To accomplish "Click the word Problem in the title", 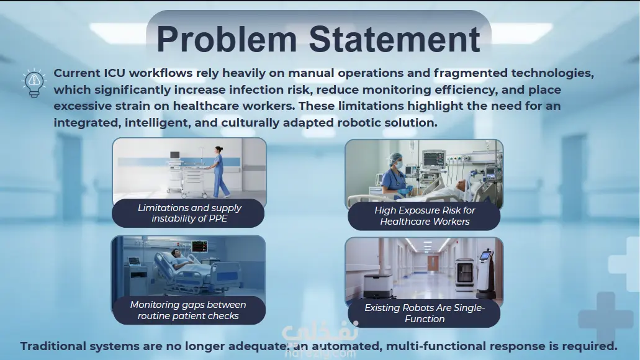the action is (x=227, y=40).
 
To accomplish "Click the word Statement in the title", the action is (x=394, y=39).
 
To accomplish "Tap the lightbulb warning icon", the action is (x=34, y=83).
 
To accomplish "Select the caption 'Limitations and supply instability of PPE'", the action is (x=189, y=213).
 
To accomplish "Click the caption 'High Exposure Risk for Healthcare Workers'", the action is (x=425, y=216).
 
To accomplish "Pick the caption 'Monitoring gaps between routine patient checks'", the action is (x=188, y=310).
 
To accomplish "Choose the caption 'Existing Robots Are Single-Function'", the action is (x=425, y=313).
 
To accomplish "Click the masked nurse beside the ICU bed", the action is (x=395, y=175).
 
